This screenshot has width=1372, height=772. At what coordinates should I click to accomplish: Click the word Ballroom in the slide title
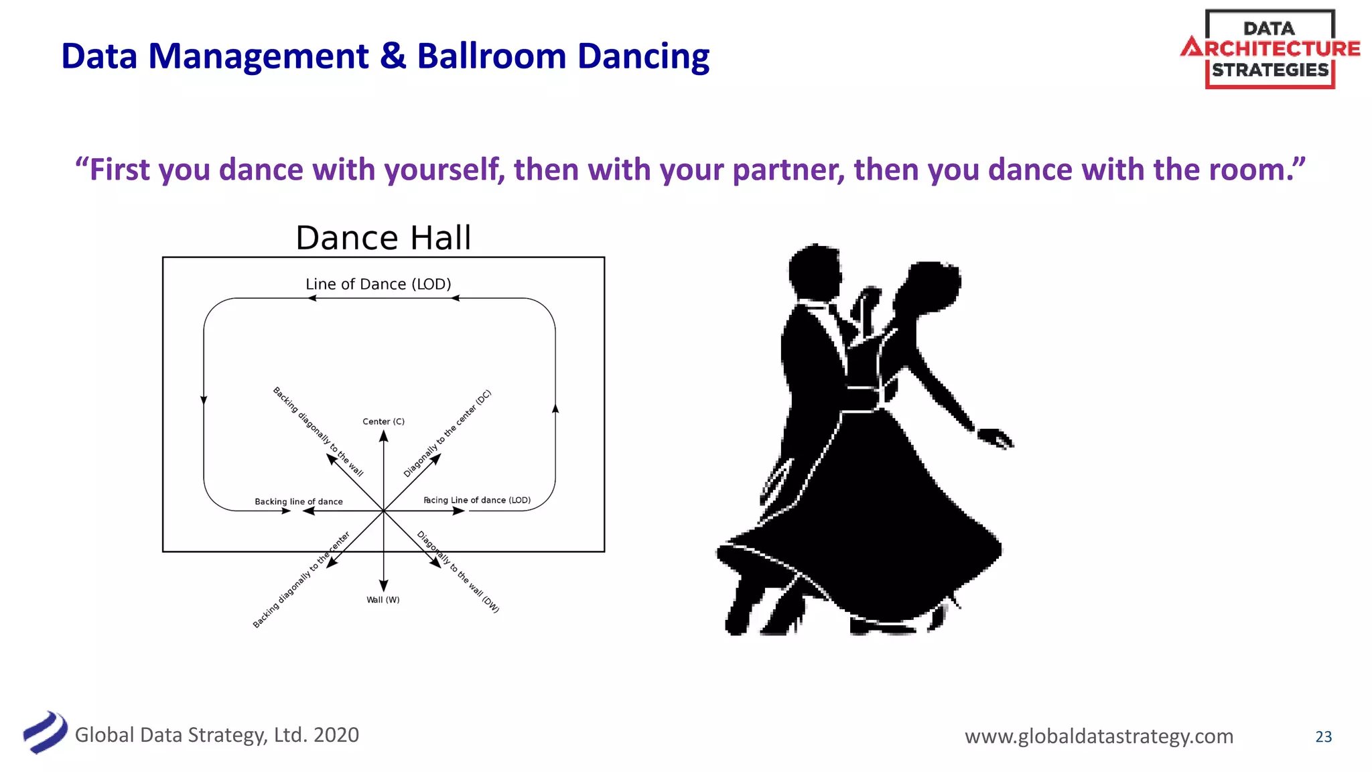(491, 56)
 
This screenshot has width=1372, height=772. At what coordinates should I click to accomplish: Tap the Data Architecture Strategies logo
(1270, 49)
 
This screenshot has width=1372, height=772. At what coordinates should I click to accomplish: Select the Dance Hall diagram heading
(383, 238)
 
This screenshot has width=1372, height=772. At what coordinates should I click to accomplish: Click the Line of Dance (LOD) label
(379, 284)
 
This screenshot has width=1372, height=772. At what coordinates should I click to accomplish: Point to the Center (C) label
(383, 422)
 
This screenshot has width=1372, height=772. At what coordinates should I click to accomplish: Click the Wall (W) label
(383, 600)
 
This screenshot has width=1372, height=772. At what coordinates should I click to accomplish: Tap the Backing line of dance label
(299, 501)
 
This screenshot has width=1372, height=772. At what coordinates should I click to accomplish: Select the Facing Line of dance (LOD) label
(477, 500)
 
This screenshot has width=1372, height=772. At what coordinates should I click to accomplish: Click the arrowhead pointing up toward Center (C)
(383, 436)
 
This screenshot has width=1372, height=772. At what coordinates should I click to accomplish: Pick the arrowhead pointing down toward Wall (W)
(383, 586)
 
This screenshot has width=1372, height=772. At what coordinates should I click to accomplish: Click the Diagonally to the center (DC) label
(448, 433)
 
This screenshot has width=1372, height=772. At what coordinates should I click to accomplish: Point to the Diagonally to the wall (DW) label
(458, 572)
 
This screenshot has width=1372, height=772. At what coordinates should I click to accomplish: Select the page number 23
(1323, 736)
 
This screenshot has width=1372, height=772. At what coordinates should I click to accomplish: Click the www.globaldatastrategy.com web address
(1099, 736)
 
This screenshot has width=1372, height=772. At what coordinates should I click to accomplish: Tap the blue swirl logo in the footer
(46, 732)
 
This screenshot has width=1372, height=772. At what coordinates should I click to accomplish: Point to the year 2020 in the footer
(336, 735)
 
